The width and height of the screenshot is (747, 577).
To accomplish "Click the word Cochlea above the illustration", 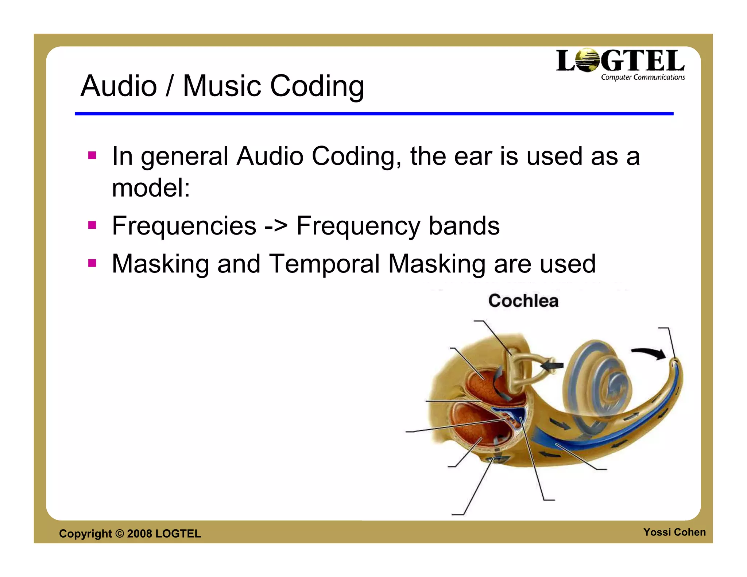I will [523, 301].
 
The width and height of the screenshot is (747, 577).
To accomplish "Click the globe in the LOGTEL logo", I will [588, 60].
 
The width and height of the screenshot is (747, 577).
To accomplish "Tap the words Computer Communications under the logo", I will [643, 77].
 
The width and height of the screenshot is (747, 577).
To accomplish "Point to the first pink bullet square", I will [92, 156].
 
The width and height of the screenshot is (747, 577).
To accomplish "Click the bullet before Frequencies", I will [92, 225].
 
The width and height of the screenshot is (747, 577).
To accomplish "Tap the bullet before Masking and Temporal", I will [92, 263].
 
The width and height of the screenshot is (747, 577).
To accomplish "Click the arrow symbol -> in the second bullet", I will [276, 226].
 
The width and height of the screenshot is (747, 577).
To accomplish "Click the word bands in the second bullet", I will [464, 226].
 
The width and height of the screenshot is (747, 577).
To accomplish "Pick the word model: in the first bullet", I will [151, 188].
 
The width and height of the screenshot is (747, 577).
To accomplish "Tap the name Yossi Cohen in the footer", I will [674, 532].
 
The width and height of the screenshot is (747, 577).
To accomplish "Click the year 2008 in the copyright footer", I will [139, 534].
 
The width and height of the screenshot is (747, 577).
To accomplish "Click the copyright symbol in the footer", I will [119, 534].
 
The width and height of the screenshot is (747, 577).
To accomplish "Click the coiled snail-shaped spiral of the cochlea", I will [598, 379].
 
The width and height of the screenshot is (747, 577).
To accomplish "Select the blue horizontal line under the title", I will [374, 114].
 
